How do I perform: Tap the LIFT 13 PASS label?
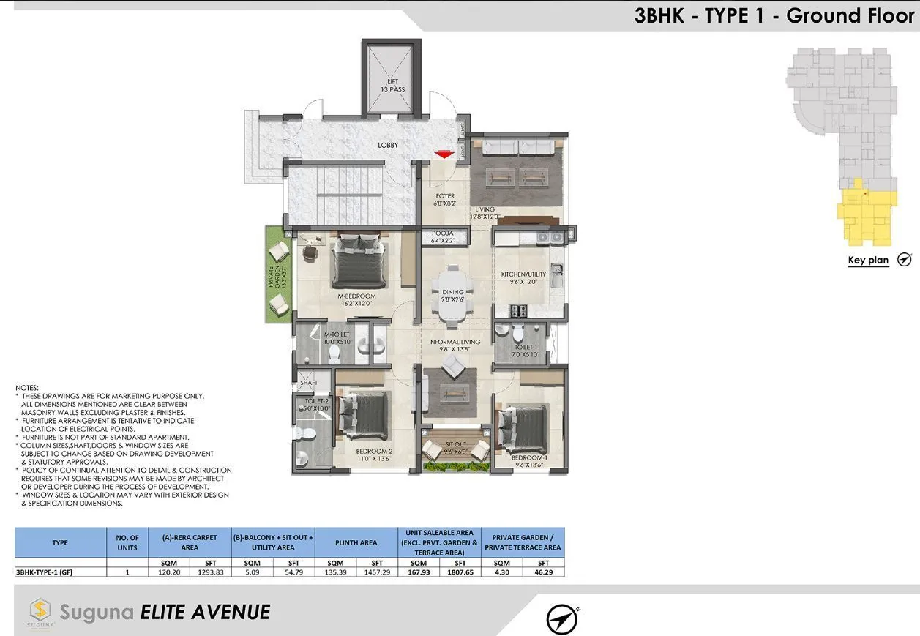tap(392, 85)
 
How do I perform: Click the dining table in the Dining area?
tap(453, 293)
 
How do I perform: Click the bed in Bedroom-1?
tap(524, 427)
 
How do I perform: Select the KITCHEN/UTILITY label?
tap(524, 278)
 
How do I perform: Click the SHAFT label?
tap(307, 383)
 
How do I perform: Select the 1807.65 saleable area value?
tap(460, 572)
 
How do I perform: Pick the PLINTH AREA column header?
tap(356, 542)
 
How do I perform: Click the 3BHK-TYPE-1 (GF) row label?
tap(44, 572)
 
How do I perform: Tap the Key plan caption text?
tap(868, 261)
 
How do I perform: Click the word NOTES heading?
tap(27, 387)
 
